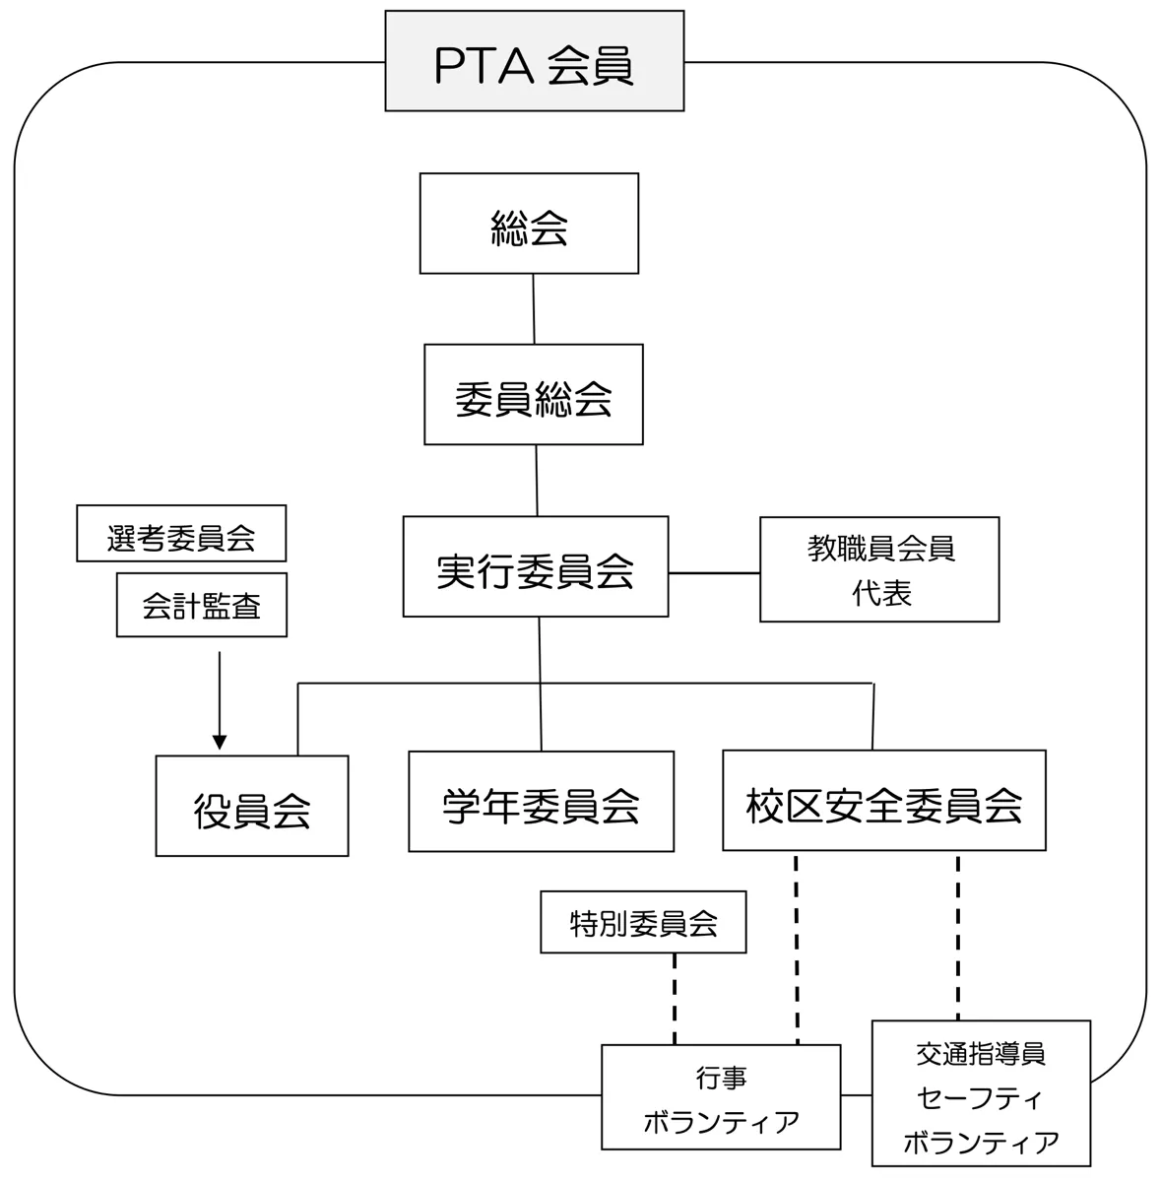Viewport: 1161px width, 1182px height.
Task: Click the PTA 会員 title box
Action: click(x=534, y=61)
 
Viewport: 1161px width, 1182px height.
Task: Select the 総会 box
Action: click(x=529, y=224)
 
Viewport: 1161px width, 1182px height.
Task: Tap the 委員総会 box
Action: click(x=533, y=394)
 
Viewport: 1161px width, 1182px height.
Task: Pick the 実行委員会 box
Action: click(x=535, y=566)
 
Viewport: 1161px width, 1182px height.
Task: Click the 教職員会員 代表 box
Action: click(x=879, y=569)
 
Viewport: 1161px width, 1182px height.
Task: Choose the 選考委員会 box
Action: click(x=181, y=534)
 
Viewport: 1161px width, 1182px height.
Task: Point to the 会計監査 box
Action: click(x=201, y=605)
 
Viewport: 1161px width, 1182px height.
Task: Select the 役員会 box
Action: click(x=252, y=806)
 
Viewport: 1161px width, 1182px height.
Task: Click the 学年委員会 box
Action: click(x=541, y=802)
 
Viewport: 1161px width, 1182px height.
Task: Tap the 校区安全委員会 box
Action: click(x=883, y=800)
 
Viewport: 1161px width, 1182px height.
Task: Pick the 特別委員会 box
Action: click(x=643, y=922)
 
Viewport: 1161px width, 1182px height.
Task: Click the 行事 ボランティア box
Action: click(x=721, y=1097)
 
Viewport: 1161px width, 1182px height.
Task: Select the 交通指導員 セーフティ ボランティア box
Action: click(x=981, y=1093)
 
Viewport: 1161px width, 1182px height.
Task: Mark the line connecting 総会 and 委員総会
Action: click(x=534, y=308)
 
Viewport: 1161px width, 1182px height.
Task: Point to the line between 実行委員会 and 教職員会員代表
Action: click(x=714, y=572)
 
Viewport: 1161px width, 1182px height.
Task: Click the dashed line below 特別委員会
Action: click(x=675, y=997)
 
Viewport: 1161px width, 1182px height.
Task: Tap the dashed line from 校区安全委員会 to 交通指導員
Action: click(x=957, y=936)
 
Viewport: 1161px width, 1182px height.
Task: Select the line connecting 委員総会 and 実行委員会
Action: click(x=537, y=480)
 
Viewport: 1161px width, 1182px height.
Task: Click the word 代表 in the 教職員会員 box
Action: click(x=881, y=593)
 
